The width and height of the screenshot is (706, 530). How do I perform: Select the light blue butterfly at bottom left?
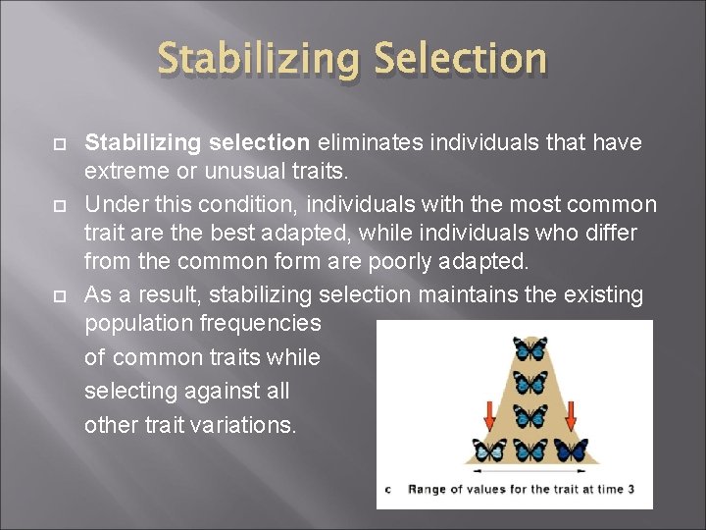490,450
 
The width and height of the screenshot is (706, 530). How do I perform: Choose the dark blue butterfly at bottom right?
570,450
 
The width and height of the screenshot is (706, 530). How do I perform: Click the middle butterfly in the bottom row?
530,450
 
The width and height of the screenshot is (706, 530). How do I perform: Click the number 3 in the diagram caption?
630,489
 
